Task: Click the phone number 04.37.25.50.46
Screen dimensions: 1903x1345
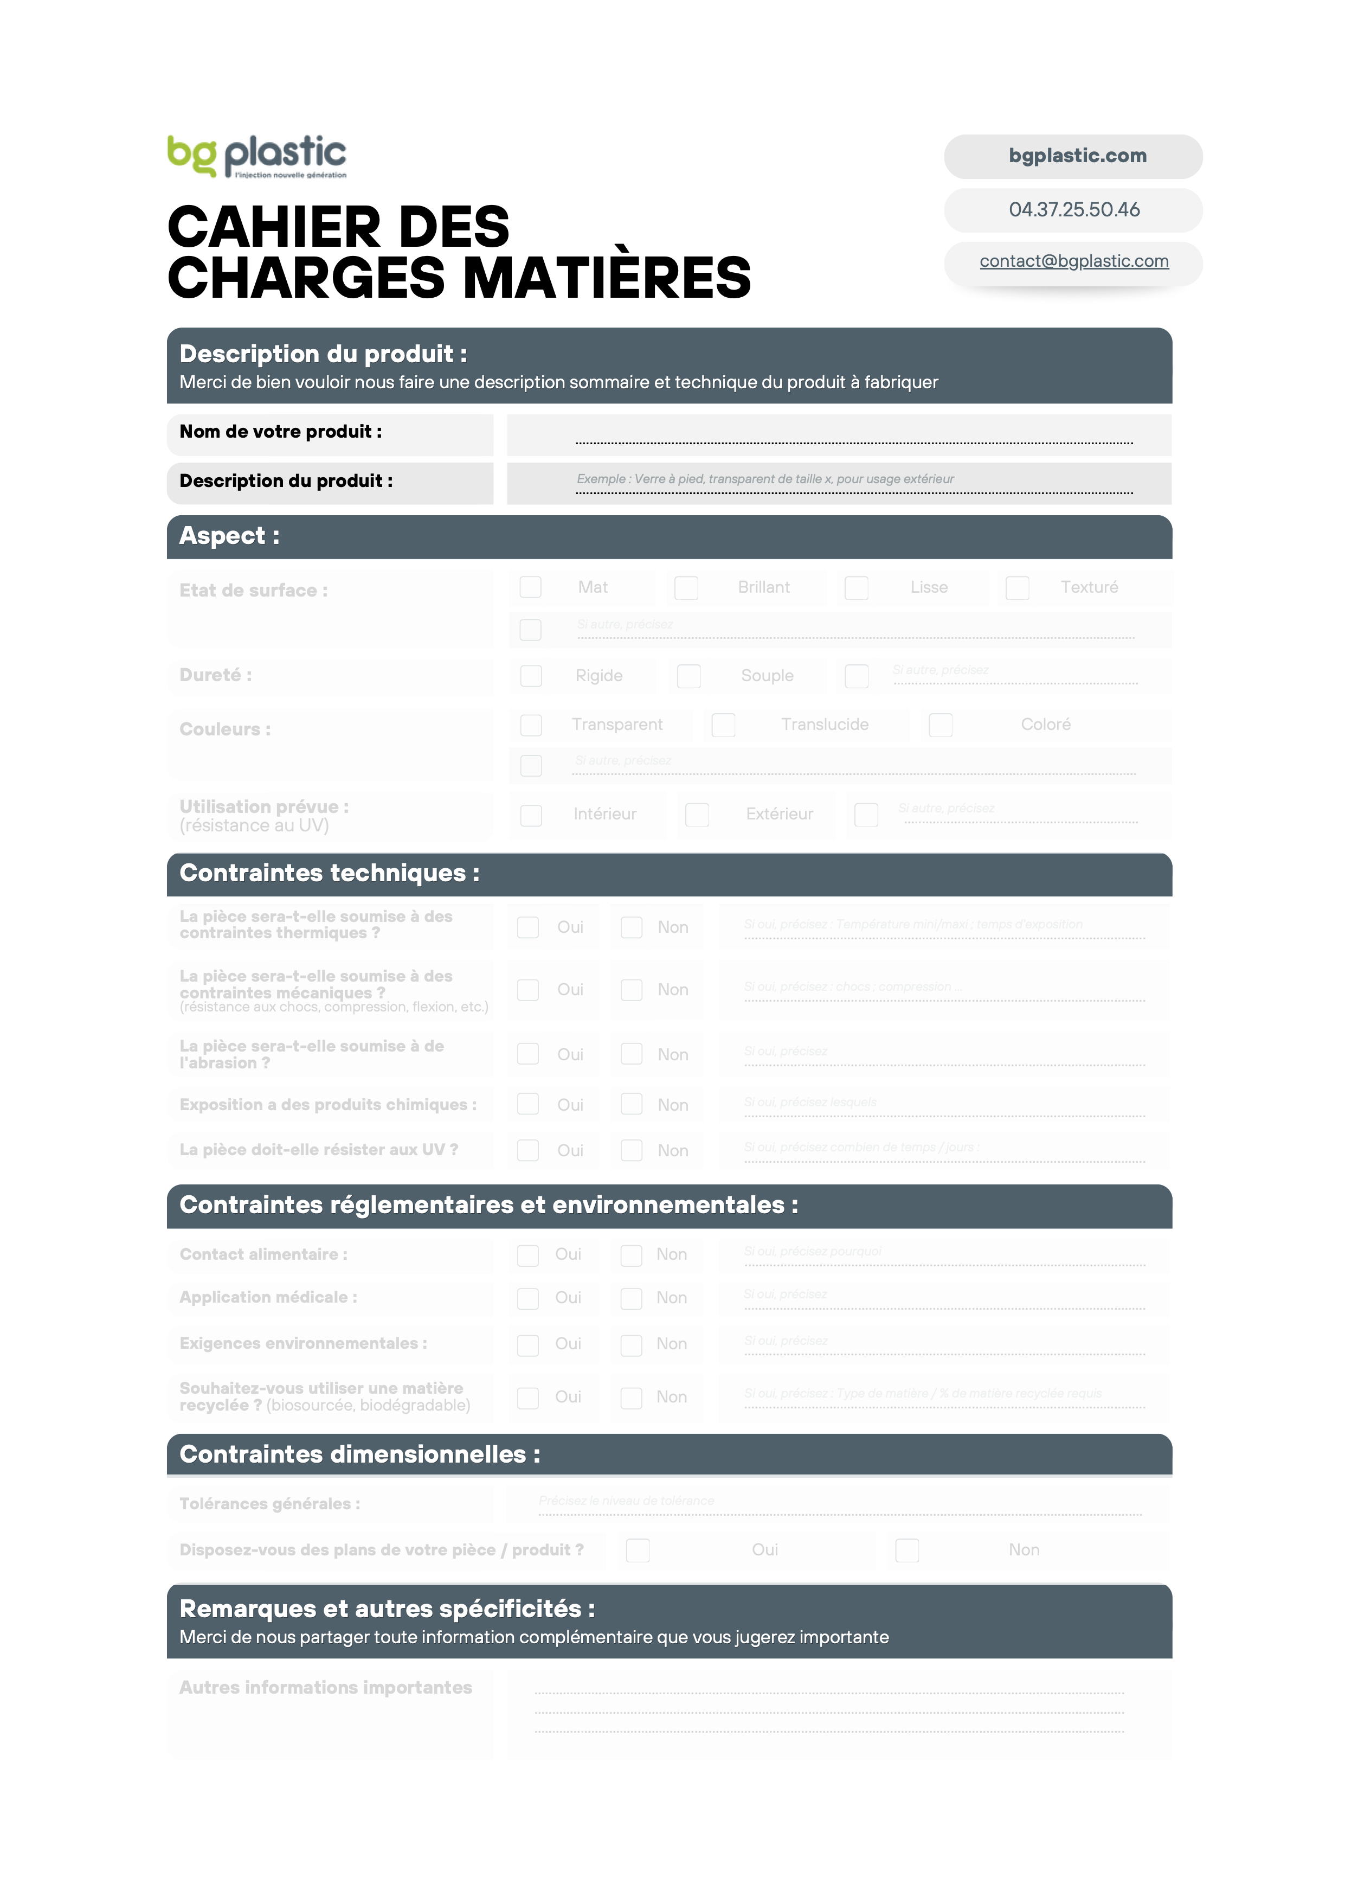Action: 1073,210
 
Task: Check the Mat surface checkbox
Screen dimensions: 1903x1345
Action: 530,588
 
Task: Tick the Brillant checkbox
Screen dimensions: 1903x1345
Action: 686,588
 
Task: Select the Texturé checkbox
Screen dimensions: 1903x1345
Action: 1017,588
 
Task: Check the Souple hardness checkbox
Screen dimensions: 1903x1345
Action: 688,676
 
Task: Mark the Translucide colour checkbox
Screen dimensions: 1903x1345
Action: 724,725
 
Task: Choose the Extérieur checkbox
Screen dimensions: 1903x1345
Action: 697,815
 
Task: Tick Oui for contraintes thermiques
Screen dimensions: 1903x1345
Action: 528,927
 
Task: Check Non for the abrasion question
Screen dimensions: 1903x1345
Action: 632,1054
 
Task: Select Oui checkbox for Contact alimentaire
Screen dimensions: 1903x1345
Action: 528,1255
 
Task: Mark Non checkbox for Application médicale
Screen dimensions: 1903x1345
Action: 632,1299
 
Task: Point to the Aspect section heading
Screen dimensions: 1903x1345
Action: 229,536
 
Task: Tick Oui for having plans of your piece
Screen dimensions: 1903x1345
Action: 638,1550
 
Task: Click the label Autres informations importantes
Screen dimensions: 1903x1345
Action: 326,1688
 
